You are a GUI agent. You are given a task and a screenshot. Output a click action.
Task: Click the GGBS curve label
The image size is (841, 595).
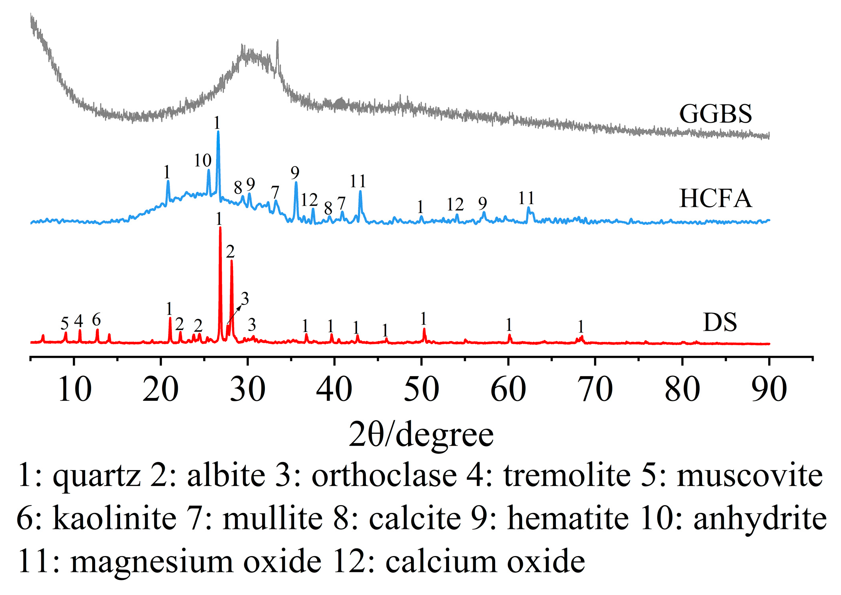click(715, 114)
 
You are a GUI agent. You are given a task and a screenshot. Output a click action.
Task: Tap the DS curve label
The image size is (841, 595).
click(720, 322)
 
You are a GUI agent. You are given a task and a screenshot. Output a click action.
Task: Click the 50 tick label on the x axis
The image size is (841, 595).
click(421, 389)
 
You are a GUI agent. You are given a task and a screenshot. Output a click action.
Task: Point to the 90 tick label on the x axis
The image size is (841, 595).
click(769, 389)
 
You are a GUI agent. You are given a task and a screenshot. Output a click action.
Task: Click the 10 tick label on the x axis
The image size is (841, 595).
click(74, 389)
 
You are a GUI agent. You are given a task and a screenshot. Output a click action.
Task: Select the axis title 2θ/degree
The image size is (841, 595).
click(421, 435)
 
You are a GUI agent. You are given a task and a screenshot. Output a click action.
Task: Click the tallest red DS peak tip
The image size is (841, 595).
click(220, 228)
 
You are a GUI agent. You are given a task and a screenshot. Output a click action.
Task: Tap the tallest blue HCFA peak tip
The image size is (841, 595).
click(218, 132)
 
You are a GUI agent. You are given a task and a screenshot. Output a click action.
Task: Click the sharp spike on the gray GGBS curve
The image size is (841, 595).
click(277, 41)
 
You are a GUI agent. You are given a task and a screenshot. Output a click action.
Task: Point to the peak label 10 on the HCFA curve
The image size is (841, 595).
click(202, 161)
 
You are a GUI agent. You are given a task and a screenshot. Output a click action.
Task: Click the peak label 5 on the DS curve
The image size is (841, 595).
click(65, 324)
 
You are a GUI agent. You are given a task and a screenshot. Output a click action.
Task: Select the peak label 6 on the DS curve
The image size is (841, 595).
click(96, 320)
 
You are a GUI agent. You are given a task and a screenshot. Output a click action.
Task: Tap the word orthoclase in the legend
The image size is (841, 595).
click(384, 476)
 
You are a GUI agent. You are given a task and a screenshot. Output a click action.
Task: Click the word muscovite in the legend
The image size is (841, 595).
click(750, 476)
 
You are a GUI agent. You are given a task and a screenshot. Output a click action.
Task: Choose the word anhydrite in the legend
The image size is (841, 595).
click(760, 519)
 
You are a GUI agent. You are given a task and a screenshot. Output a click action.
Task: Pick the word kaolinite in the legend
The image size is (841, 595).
click(114, 519)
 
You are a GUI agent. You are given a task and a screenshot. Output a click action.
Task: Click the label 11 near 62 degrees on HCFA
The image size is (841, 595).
click(526, 198)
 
